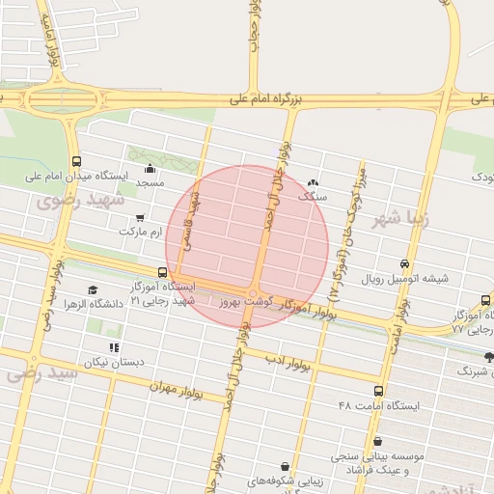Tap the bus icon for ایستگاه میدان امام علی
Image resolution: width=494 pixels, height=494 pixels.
76,162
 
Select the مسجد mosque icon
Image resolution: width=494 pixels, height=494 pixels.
150,170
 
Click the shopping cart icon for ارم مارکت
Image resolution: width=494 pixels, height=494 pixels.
141,218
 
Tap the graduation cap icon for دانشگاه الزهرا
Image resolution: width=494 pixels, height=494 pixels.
93,289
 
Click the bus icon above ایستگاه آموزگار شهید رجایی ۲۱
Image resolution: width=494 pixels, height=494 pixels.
162,273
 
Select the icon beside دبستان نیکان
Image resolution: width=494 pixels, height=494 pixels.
114,347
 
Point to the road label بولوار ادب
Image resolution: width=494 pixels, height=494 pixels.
279,361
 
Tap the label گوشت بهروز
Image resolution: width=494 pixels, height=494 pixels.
245,302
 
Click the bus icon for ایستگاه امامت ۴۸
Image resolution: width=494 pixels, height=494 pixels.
377,392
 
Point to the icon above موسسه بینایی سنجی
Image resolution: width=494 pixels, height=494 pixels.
377,441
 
